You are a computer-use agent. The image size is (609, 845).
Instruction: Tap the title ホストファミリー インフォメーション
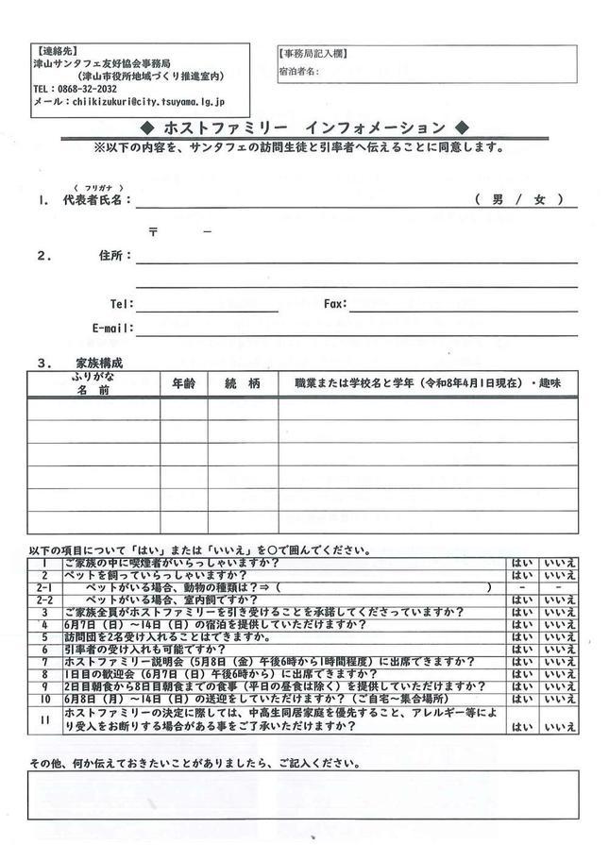click(x=303, y=127)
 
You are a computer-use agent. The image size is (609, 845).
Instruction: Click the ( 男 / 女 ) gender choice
click(x=519, y=199)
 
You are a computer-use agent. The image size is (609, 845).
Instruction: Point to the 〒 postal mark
click(x=153, y=231)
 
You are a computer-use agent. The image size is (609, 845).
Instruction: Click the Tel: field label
click(x=122, y=304)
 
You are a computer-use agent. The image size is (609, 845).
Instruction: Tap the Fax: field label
click(x=335, y=304)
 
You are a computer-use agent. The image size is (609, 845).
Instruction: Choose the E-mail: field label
click(x=112, y=329)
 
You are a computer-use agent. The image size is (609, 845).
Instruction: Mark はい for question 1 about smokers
click(x=521, y=564)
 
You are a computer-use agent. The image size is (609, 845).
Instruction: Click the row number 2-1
click(x=43, y=587)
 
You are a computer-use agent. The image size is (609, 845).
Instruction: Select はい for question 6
click(x=521, y=650)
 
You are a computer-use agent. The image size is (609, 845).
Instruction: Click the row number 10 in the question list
click(x=43, y=699)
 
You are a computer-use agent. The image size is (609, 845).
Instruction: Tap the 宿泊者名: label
click(x=299, y=72)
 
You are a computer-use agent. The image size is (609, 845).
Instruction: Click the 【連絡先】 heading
click(x=55, y=50)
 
